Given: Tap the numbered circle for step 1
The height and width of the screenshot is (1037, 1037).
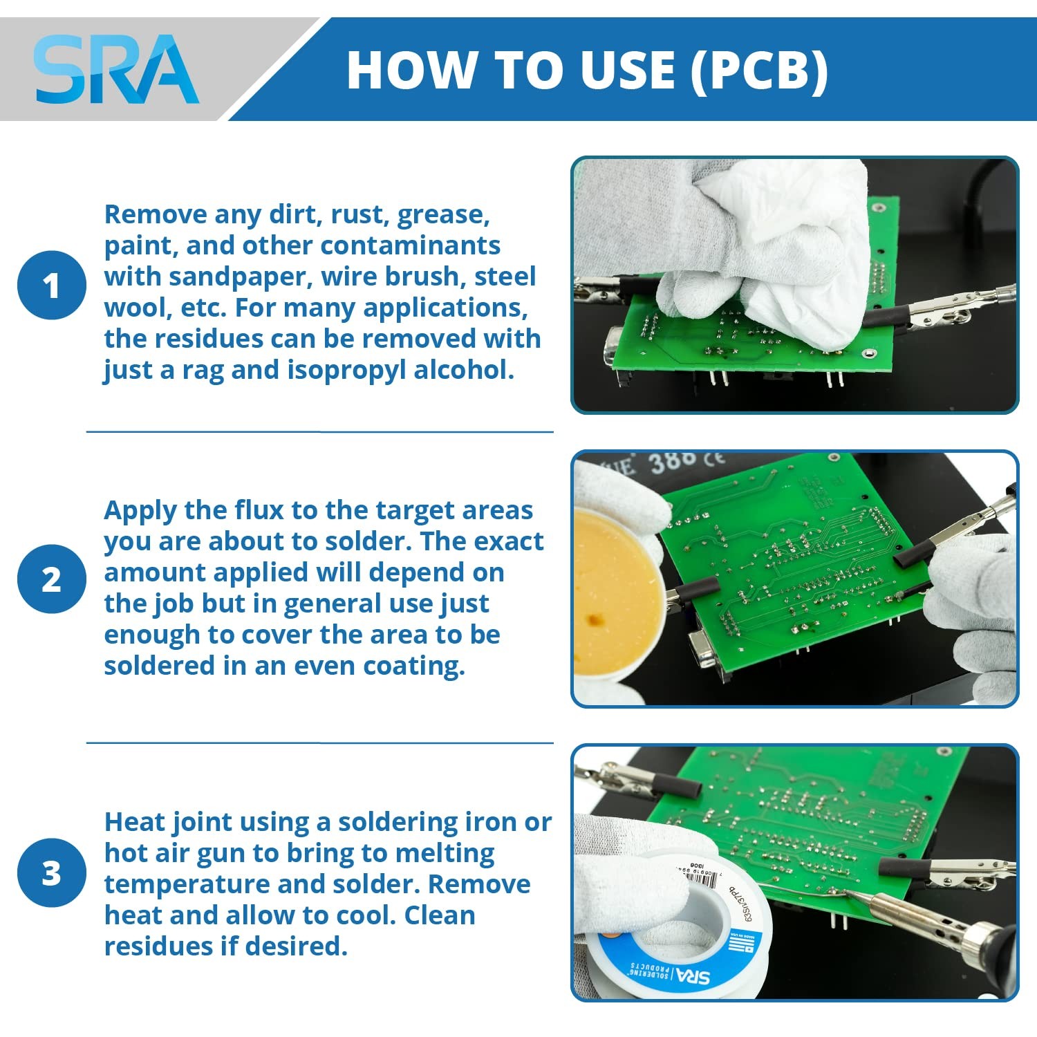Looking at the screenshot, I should [52, 286].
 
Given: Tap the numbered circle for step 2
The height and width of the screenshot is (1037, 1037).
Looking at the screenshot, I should [52, 579].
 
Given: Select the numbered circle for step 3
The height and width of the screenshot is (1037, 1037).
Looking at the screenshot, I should [52, 872].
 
